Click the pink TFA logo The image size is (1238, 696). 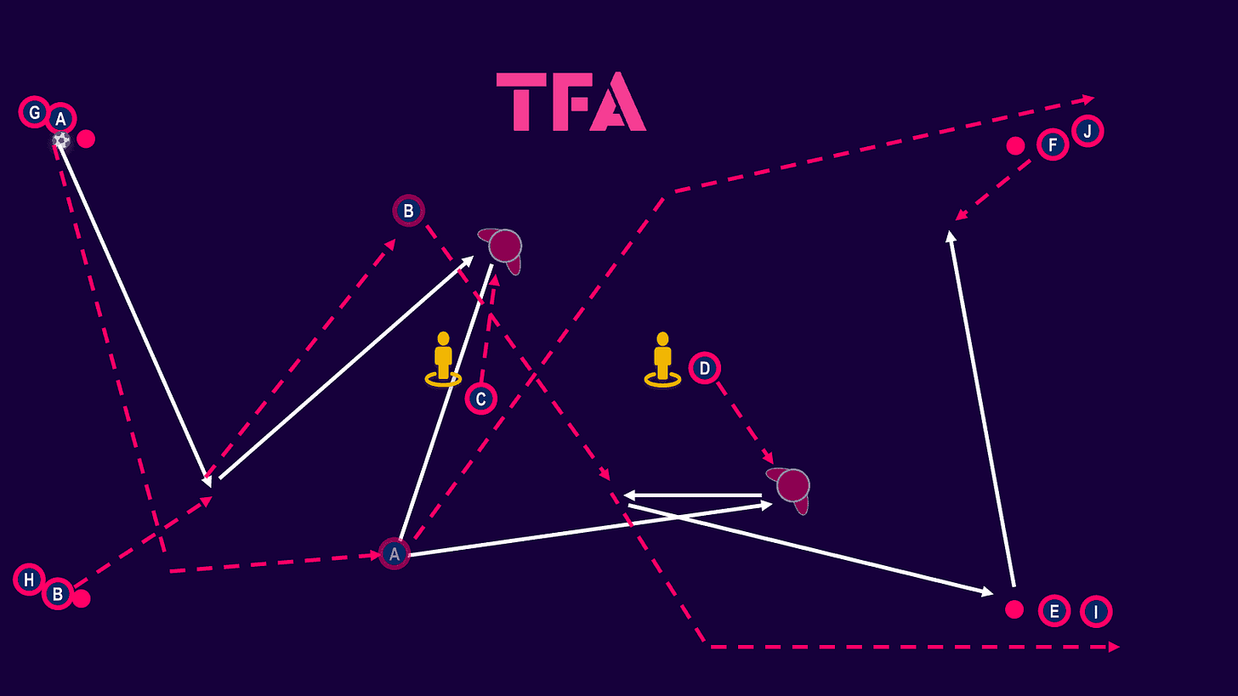tap(571, 102)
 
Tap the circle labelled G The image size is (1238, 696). tap(34, 112)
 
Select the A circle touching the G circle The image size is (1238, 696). tap(60, 119)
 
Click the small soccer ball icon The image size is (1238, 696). tap(61, 139)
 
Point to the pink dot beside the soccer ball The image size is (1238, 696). tap(86, 139)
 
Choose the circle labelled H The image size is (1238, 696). tap(29, 580)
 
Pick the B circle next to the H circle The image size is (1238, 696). tap(57, 594)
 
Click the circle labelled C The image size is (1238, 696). tap(480, 398)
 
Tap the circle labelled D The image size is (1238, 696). tap(704, 368)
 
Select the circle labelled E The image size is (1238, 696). tap(1053, 610)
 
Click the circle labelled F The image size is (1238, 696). tap(1053, 144)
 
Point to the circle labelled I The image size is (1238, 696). tap(1096, 611)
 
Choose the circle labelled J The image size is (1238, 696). tap(1088, 132)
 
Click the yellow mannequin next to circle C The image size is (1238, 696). tap(443, 359)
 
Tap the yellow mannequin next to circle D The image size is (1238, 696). tap(662, 359)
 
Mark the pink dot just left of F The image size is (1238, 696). tap(1015, 145)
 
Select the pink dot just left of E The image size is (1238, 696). tap(1014, 609)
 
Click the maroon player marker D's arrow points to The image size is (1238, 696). tap(792, 486)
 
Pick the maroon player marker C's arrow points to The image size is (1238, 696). tap(504, 246)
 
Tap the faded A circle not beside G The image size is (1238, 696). tap(394, 554)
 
